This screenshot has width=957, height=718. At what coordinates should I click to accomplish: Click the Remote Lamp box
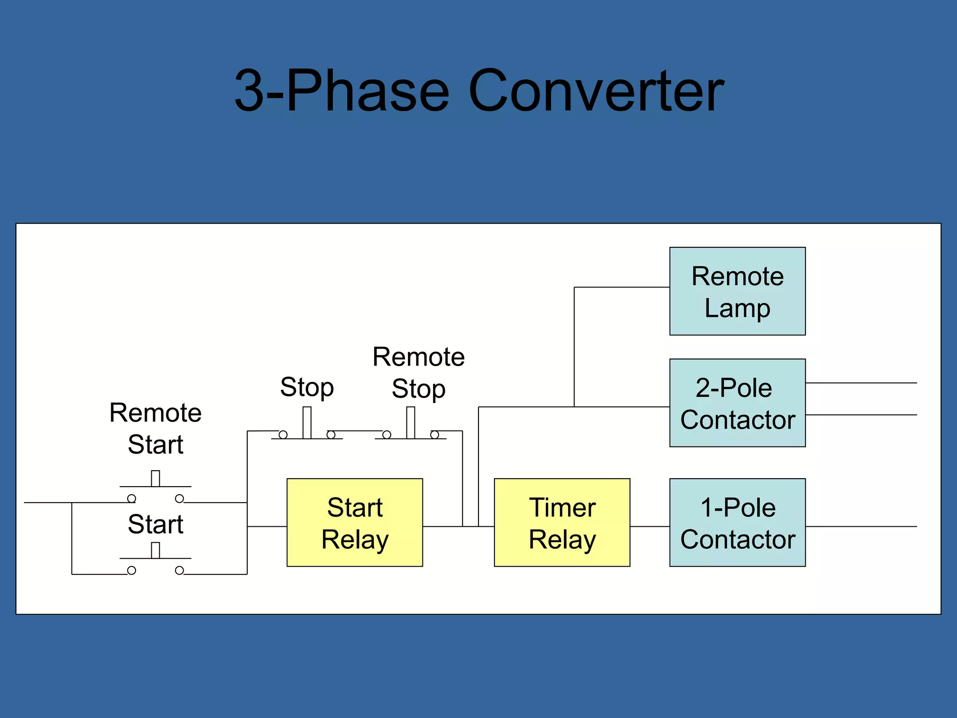[x=737, y=291]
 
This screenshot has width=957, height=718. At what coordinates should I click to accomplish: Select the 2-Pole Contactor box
[x=737, y=403]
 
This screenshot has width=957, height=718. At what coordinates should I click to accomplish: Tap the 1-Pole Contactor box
[x=737, y=523]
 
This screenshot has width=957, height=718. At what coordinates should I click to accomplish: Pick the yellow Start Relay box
[x=355, y=523]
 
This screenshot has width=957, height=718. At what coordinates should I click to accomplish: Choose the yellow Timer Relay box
[x=562, y=523]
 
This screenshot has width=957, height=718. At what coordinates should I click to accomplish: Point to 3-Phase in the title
[x=341, y=91]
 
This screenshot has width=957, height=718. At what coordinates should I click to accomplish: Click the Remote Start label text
[x=155, y=428]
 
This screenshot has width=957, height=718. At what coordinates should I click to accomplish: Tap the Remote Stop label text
[x=418, y=373]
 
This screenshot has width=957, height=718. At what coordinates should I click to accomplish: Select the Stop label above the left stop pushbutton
[x=307, y=387]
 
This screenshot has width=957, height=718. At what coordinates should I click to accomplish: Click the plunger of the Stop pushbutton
[x=307, y=422]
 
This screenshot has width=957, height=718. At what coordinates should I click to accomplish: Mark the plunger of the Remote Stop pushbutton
[x=410, y=422]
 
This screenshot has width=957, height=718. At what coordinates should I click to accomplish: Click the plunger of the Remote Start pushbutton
[x=155, y=478]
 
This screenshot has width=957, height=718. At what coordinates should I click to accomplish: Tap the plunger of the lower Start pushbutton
[x=155, y=550]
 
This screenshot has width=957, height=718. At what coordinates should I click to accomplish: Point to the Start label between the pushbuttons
[x=155, y=524]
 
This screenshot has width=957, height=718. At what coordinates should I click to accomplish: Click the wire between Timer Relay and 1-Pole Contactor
[x=650, y=526]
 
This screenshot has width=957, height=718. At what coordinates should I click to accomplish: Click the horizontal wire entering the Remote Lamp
[x=621, y=287]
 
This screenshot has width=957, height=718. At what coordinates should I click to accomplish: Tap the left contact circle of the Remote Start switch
[x=132, y=498]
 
